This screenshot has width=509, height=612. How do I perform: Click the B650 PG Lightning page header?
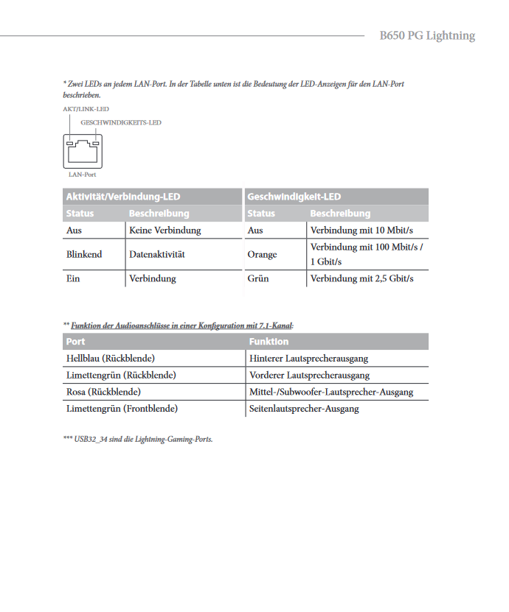click(427, 35)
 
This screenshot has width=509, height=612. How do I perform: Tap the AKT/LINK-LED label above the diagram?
click(86, 109)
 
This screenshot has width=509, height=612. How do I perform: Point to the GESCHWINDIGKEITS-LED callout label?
click(120, 123)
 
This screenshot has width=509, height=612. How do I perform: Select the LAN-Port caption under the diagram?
click(82, 175)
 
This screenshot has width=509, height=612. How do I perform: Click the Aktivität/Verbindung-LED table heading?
click(123, 197)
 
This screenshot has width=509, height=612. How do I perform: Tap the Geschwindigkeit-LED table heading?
click(294, 197)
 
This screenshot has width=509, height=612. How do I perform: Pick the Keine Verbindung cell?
click(165, 231)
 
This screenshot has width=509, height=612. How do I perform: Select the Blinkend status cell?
click(84, 254)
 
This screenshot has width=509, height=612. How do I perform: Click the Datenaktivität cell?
click(156, 254)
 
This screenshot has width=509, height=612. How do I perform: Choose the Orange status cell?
click(263, 254)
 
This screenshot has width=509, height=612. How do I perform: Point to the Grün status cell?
click(258, 278)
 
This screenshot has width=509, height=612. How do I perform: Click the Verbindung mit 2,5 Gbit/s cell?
click(361, 278)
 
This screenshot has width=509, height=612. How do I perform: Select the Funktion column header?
click(269, 342)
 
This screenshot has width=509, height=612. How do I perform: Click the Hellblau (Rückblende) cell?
click(111, 359)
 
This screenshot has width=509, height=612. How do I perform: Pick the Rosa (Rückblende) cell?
click(103, 392)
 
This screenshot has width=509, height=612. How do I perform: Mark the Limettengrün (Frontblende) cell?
click(122, 408)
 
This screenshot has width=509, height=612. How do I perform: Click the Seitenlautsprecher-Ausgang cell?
click(304, 408)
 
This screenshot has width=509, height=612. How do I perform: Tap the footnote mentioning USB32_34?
click(138, 439)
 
